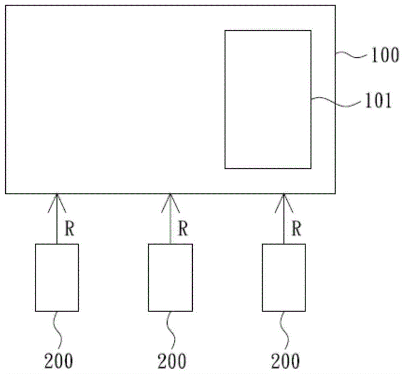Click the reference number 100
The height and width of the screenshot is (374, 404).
(385, 55)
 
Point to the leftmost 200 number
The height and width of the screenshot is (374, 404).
(59, 361)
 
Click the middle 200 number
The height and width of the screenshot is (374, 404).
(172, 361)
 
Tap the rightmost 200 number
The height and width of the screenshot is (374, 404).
(285, 361)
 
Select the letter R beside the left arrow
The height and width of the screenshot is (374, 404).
(69, 228)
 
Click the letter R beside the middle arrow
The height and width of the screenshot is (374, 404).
(183, 228)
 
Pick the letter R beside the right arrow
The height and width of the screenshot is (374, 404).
(296, 228)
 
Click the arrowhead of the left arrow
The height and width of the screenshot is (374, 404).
(57, 194)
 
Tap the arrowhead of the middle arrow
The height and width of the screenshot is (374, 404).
(170, 194)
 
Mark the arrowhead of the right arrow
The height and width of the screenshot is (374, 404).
(284, 194)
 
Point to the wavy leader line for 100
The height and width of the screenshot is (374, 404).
(352, 55)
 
